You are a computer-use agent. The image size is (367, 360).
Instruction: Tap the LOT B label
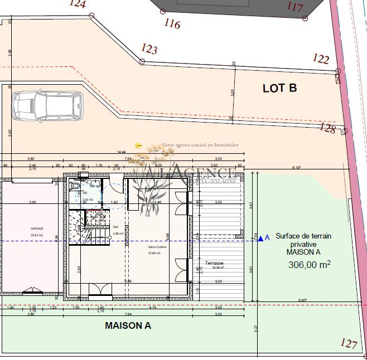279,88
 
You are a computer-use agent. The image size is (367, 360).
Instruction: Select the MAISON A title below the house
128,326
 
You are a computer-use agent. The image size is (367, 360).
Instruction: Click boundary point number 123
149,49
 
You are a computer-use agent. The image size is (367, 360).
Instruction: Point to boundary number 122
321,59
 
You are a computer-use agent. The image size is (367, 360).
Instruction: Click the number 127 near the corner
349,343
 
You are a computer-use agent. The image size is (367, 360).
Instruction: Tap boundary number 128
327,129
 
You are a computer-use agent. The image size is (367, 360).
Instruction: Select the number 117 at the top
294,7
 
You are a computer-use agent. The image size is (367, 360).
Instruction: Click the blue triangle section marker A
260,239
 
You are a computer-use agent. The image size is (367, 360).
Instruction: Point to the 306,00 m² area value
309,265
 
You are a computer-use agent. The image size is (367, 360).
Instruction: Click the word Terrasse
214,262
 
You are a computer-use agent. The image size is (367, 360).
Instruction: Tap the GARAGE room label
37,228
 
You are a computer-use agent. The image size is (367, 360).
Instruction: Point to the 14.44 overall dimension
120,152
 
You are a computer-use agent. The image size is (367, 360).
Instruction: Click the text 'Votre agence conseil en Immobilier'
200,145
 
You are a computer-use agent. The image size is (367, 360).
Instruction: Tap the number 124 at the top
78,4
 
